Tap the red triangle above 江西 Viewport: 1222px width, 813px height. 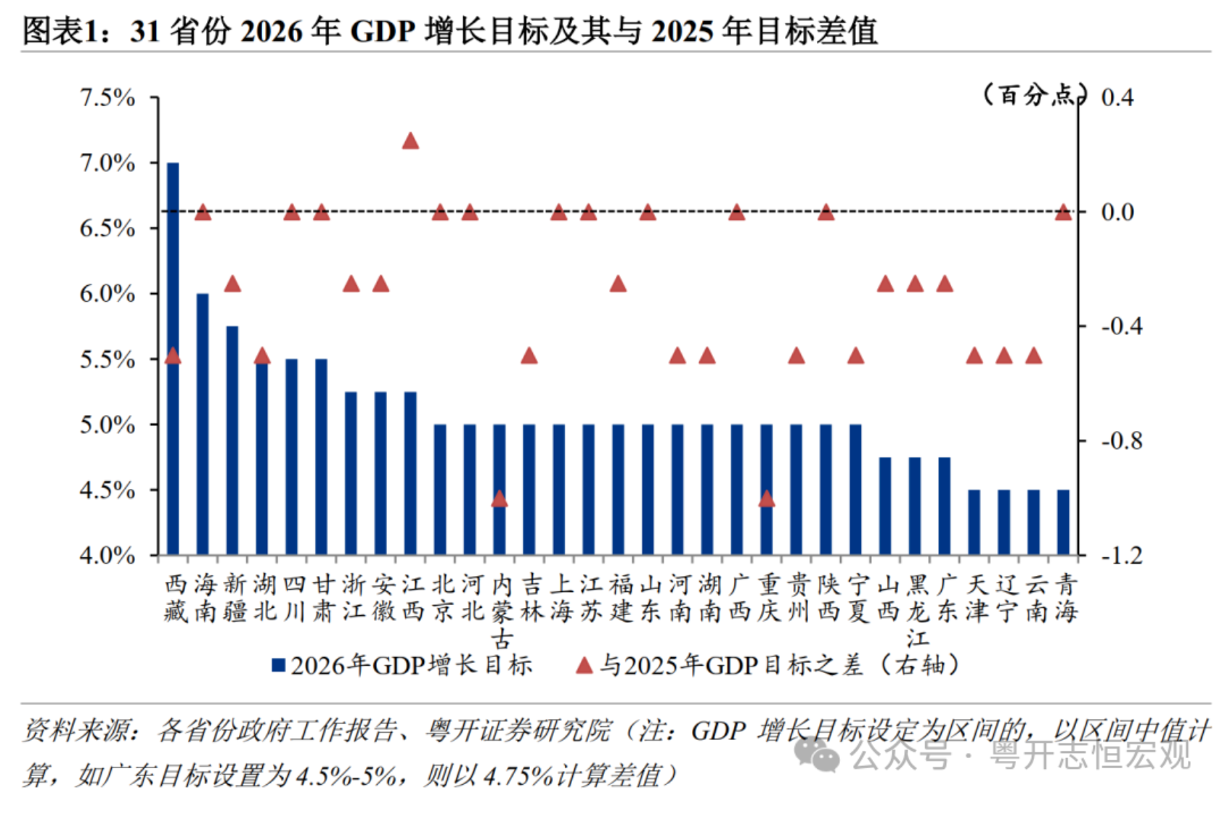[410, 141]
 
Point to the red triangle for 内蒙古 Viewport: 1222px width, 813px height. [499, 499]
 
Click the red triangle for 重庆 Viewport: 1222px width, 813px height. [766, 499]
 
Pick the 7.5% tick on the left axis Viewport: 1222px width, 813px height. [108, 97]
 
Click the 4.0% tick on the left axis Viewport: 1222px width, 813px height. [108, 556]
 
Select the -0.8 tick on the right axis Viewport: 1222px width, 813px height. [1121, 440]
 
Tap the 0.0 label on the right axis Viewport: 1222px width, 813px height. [1117, 212]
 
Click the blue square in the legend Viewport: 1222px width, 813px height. [278, 665]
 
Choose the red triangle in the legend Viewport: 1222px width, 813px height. [584, 665]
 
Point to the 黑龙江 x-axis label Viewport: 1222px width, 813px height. [917, 611]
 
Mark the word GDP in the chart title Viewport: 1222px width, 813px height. [382, 32]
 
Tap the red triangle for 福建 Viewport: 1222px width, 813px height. [617, 284]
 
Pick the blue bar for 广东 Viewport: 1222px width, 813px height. [945, 505]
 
